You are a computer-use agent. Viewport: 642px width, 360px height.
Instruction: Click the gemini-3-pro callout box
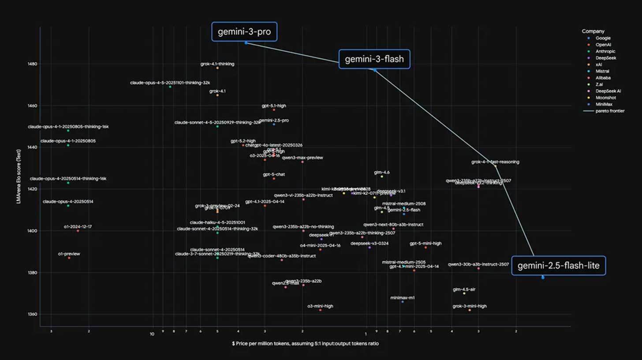pos(244,32)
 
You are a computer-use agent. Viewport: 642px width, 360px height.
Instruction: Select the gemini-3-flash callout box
pos(374,59)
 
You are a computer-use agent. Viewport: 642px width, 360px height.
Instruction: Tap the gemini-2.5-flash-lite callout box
pos(558,266)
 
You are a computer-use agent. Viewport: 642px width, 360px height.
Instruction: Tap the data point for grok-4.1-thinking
pos(217,68)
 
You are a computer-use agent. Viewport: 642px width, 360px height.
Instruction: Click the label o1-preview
pos(69,254)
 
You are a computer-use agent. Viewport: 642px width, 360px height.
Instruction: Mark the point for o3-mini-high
pos(320,310)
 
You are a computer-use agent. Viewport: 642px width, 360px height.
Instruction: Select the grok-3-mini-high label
pos(470,306)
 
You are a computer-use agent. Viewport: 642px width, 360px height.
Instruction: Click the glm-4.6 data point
pos(382,176)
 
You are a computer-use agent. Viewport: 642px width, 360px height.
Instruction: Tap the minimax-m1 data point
pos(403,302)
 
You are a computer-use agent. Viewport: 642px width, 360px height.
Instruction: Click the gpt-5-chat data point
pos(274,179)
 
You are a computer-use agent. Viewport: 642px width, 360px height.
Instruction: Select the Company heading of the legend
pos(593,31)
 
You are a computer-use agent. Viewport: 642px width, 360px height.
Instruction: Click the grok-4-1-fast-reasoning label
pos(495,162)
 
